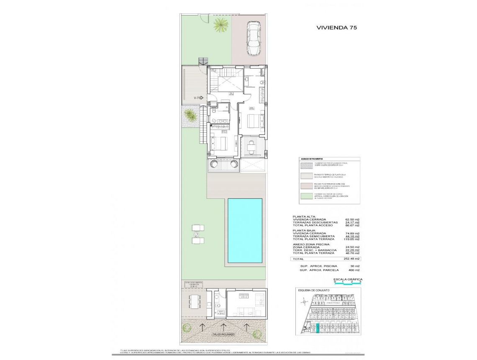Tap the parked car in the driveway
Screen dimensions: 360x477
[253, 36]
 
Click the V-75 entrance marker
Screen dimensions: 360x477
[198, 98]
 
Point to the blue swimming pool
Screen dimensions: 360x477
[245, 230]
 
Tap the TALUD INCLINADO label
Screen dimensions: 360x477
[223, 334]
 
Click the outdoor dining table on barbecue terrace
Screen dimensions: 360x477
[193, 300]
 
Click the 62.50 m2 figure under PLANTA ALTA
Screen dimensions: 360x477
[352, 219]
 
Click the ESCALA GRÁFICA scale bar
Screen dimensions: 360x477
[348, 283]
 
